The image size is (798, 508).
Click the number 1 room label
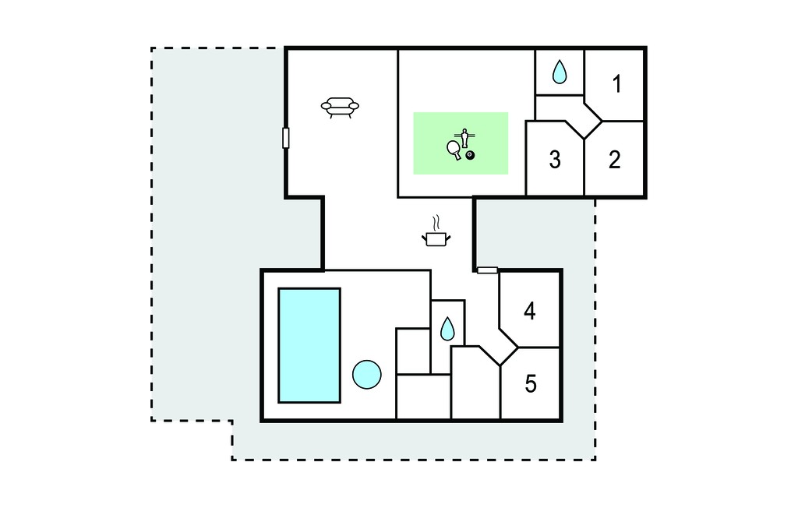point(617,84)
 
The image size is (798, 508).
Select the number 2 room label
point(615,160)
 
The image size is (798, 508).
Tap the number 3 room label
point(555,160)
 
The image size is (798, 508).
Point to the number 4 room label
point(530,311)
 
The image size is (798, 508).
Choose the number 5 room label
point(530,384)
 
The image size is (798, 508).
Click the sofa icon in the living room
point(340,108)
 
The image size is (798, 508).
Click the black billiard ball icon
point(470,155)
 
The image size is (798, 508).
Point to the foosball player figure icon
point(464,137)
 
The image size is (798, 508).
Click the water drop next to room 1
point(560,72)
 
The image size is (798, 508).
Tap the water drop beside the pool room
point(447,329)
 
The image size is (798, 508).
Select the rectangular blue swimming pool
point(309,346)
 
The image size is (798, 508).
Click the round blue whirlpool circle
point(367,375)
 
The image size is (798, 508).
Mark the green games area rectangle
point(461,143)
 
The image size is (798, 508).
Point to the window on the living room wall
point(286,138)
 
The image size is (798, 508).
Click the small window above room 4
point(487,270)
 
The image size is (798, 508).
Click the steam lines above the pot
point(436,223)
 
